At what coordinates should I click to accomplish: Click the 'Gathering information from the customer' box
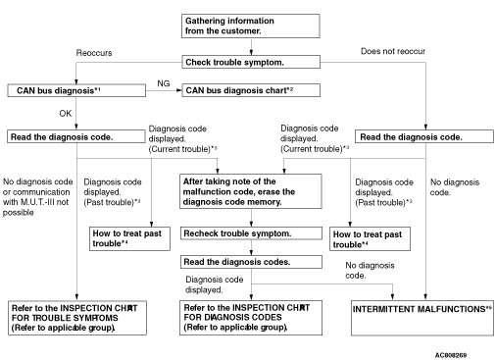251,26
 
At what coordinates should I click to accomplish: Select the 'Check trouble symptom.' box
251,62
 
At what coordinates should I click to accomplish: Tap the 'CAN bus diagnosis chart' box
251,90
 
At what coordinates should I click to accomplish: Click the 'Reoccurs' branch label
94,53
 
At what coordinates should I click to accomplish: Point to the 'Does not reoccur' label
393,51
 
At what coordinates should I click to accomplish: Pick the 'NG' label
164,83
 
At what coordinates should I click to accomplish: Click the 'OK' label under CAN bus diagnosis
66,114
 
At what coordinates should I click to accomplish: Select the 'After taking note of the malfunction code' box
251,191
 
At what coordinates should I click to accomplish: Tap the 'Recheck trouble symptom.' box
251,233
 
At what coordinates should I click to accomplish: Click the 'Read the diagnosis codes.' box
251,262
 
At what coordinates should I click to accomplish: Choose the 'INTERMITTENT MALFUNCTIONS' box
422,318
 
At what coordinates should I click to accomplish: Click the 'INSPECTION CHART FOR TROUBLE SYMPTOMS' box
77,318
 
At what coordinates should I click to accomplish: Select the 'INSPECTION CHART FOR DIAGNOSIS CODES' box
251,318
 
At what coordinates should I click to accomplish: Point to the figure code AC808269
451,355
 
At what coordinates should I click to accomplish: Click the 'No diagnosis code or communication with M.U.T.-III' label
37,197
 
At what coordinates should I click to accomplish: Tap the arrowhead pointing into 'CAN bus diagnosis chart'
179,90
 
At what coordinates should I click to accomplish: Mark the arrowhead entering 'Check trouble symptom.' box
251,53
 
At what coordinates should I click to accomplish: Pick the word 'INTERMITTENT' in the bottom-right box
376,309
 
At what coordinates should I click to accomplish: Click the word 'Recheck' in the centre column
197,233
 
